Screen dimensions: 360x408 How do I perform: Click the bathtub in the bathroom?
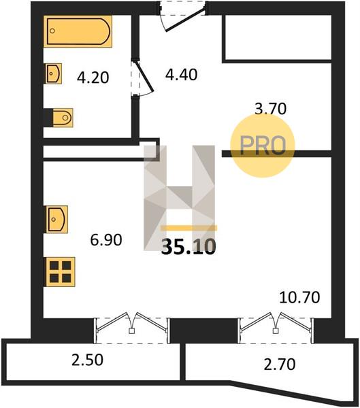click(78, 31)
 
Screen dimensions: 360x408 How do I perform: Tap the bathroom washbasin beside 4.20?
click(54, 73)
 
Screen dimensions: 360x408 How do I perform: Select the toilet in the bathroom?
click(63, 118)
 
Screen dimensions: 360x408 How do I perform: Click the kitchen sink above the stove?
click(57, 220)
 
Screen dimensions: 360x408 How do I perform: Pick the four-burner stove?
click(60, 272)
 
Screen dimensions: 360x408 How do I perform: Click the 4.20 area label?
click(93, 78)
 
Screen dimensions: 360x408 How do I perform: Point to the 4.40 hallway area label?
click(181, 75)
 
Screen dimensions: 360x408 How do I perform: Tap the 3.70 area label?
click(270, 109)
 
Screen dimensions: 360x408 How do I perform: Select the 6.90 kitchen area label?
click(106, 240)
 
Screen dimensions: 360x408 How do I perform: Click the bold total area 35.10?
click(189, 247)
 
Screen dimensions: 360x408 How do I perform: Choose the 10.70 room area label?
click(299, 297)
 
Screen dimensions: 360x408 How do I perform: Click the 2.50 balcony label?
click(87, 360)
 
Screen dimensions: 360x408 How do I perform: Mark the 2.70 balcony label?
click(280, 364)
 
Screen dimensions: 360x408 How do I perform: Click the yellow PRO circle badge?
click(263, 146)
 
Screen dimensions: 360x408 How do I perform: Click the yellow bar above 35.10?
click(189, 228)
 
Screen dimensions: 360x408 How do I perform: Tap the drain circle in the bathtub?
click(52, 31)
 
